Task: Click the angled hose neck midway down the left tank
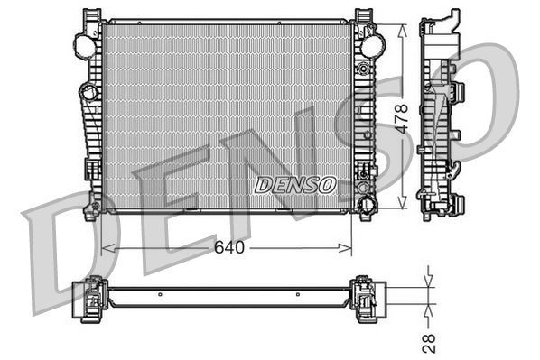(88, 92)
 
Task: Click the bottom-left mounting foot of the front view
(92, 212)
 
